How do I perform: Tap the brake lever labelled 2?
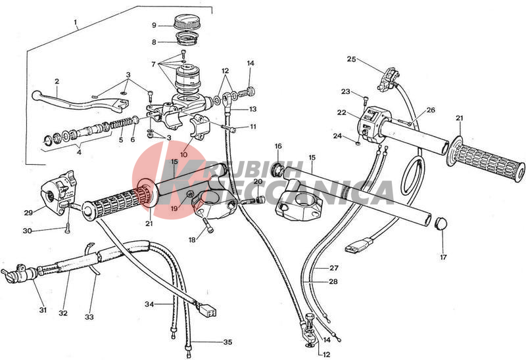(x=80, y=101)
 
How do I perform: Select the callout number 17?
(x=443, y=257)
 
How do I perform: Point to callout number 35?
(x=227, y=342)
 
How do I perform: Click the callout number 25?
(x=352, y=59)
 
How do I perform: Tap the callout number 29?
(x=28, y=212)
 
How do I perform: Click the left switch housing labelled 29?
(x=59, y=191)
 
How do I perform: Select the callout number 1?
(x=76, y=22)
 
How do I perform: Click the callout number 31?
(x=43, y=310)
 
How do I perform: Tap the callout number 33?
(x=89, y=317)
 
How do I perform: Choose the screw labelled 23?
(x=366, y=101)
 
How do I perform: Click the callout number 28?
(x=333, y=282)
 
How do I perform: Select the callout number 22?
(x=341, y=113)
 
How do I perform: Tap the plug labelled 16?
(x=277, y=169)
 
